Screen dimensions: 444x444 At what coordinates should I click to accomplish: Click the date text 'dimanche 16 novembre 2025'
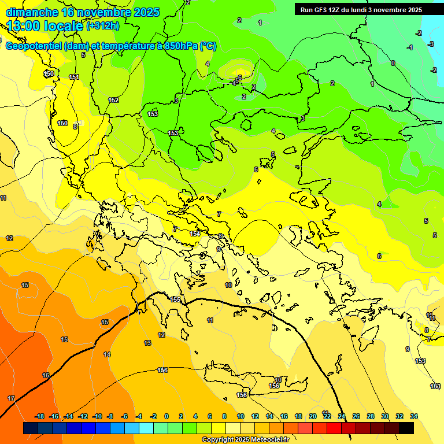(x=82, y=12)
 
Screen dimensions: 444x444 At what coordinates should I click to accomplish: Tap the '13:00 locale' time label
(x=45, y=26)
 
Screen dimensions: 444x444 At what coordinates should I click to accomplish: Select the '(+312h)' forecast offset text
(x=102, y=26)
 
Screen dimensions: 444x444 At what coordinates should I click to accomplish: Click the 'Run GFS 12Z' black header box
(x=361, y=10)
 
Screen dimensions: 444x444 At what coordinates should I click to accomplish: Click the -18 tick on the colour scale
(x=40, y=416)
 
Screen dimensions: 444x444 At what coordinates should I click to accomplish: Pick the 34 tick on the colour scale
(x=413, y=416)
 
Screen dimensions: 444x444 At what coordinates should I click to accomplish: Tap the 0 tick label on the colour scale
(x=166, y=416)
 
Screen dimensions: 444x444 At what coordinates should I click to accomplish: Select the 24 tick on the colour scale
(x=341, y=416)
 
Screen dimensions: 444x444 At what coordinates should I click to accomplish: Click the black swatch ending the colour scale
(x=406, y=428)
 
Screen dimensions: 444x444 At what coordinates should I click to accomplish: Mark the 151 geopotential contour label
(x=74, y=77)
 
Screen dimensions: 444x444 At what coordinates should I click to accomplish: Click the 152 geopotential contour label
(x=113, y=100)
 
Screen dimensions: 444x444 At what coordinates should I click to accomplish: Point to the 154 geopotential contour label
(x=195, y=234)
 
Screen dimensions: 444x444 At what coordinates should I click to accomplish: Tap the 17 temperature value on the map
(x=11, y=398)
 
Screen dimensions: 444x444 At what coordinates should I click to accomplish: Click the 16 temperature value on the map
(x=46, y=375)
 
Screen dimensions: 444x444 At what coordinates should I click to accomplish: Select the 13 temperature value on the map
(x=147, y=343)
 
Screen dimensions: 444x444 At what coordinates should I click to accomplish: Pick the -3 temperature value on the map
(x=431, y=44)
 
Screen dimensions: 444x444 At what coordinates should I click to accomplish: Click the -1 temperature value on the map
(x=410, y=47)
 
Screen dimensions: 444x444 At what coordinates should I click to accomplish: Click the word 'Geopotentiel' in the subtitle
(x=33, y=46)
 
